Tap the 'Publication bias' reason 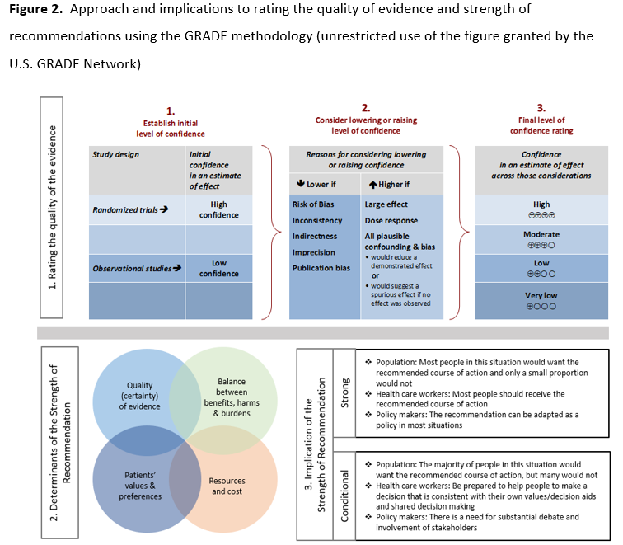[323, 267]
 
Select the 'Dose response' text [391, 220]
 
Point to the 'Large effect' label [386, 204]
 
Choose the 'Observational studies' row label [137, 268]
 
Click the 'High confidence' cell [218, 209]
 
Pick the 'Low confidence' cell [218, 268]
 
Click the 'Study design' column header [116, 154]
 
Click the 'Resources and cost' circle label [227, 486]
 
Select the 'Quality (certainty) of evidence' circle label [140, 395]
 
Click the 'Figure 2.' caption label [34, 9]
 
